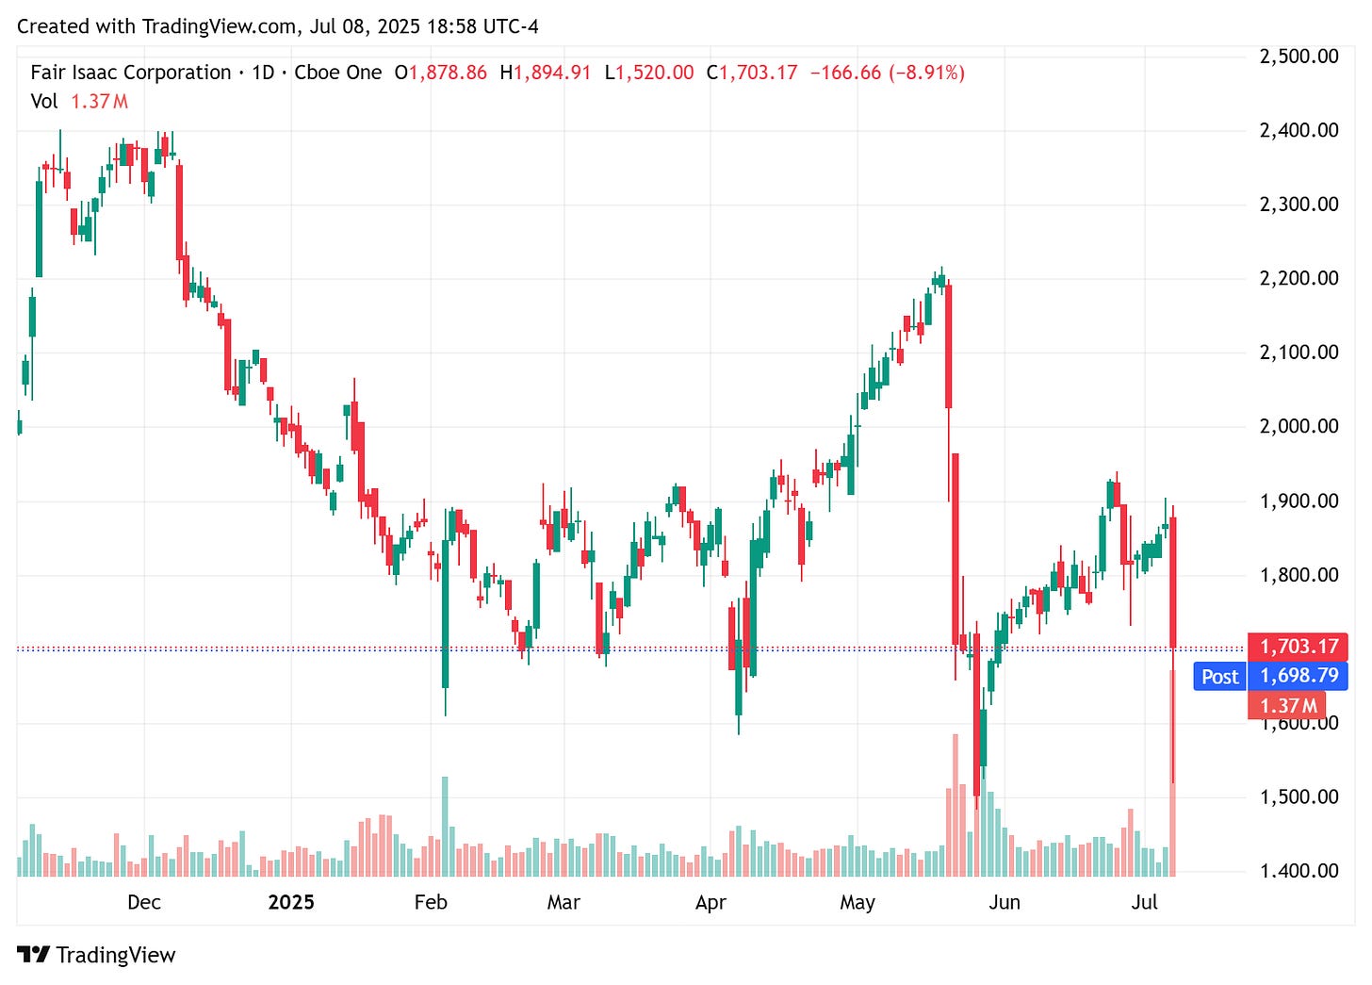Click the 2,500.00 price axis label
(1298, 57)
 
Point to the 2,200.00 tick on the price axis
(1298, 278)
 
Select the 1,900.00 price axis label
(1298, 501)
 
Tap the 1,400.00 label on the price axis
(1298, 871)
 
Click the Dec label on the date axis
(143, 902)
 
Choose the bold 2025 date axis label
(291, 902)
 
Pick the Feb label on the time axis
(431, 902)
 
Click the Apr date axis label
(710, 902)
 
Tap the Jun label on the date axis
(1004, 902)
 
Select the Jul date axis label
(1144, 902)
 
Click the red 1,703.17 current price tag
(1298, 647)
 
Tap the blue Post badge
(1219, 677)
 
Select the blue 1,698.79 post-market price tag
(1298, 676)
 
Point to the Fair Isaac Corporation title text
(131, 73)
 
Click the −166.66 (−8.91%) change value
(887, 73)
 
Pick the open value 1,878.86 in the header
(448, 73)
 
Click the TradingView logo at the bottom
(96, 955)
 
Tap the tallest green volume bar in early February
(445, 827)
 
